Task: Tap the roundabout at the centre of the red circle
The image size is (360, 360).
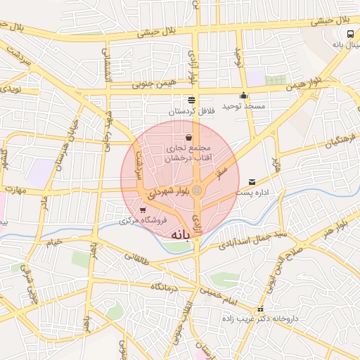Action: tap(198, 190)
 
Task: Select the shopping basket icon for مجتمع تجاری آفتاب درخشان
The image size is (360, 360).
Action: tap(189, 138)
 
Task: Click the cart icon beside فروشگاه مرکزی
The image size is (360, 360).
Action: tap(143, 210)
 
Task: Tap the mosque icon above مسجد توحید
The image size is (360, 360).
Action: tap(244, 96)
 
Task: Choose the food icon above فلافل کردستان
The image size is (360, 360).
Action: tap(191, 100)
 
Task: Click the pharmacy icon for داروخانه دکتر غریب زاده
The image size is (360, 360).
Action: tap(261, 309)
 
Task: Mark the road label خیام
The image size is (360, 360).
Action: tap(55, 242)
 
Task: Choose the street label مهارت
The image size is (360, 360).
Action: tap(14, 190)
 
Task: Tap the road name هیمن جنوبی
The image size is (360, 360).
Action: tap(151, 84)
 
